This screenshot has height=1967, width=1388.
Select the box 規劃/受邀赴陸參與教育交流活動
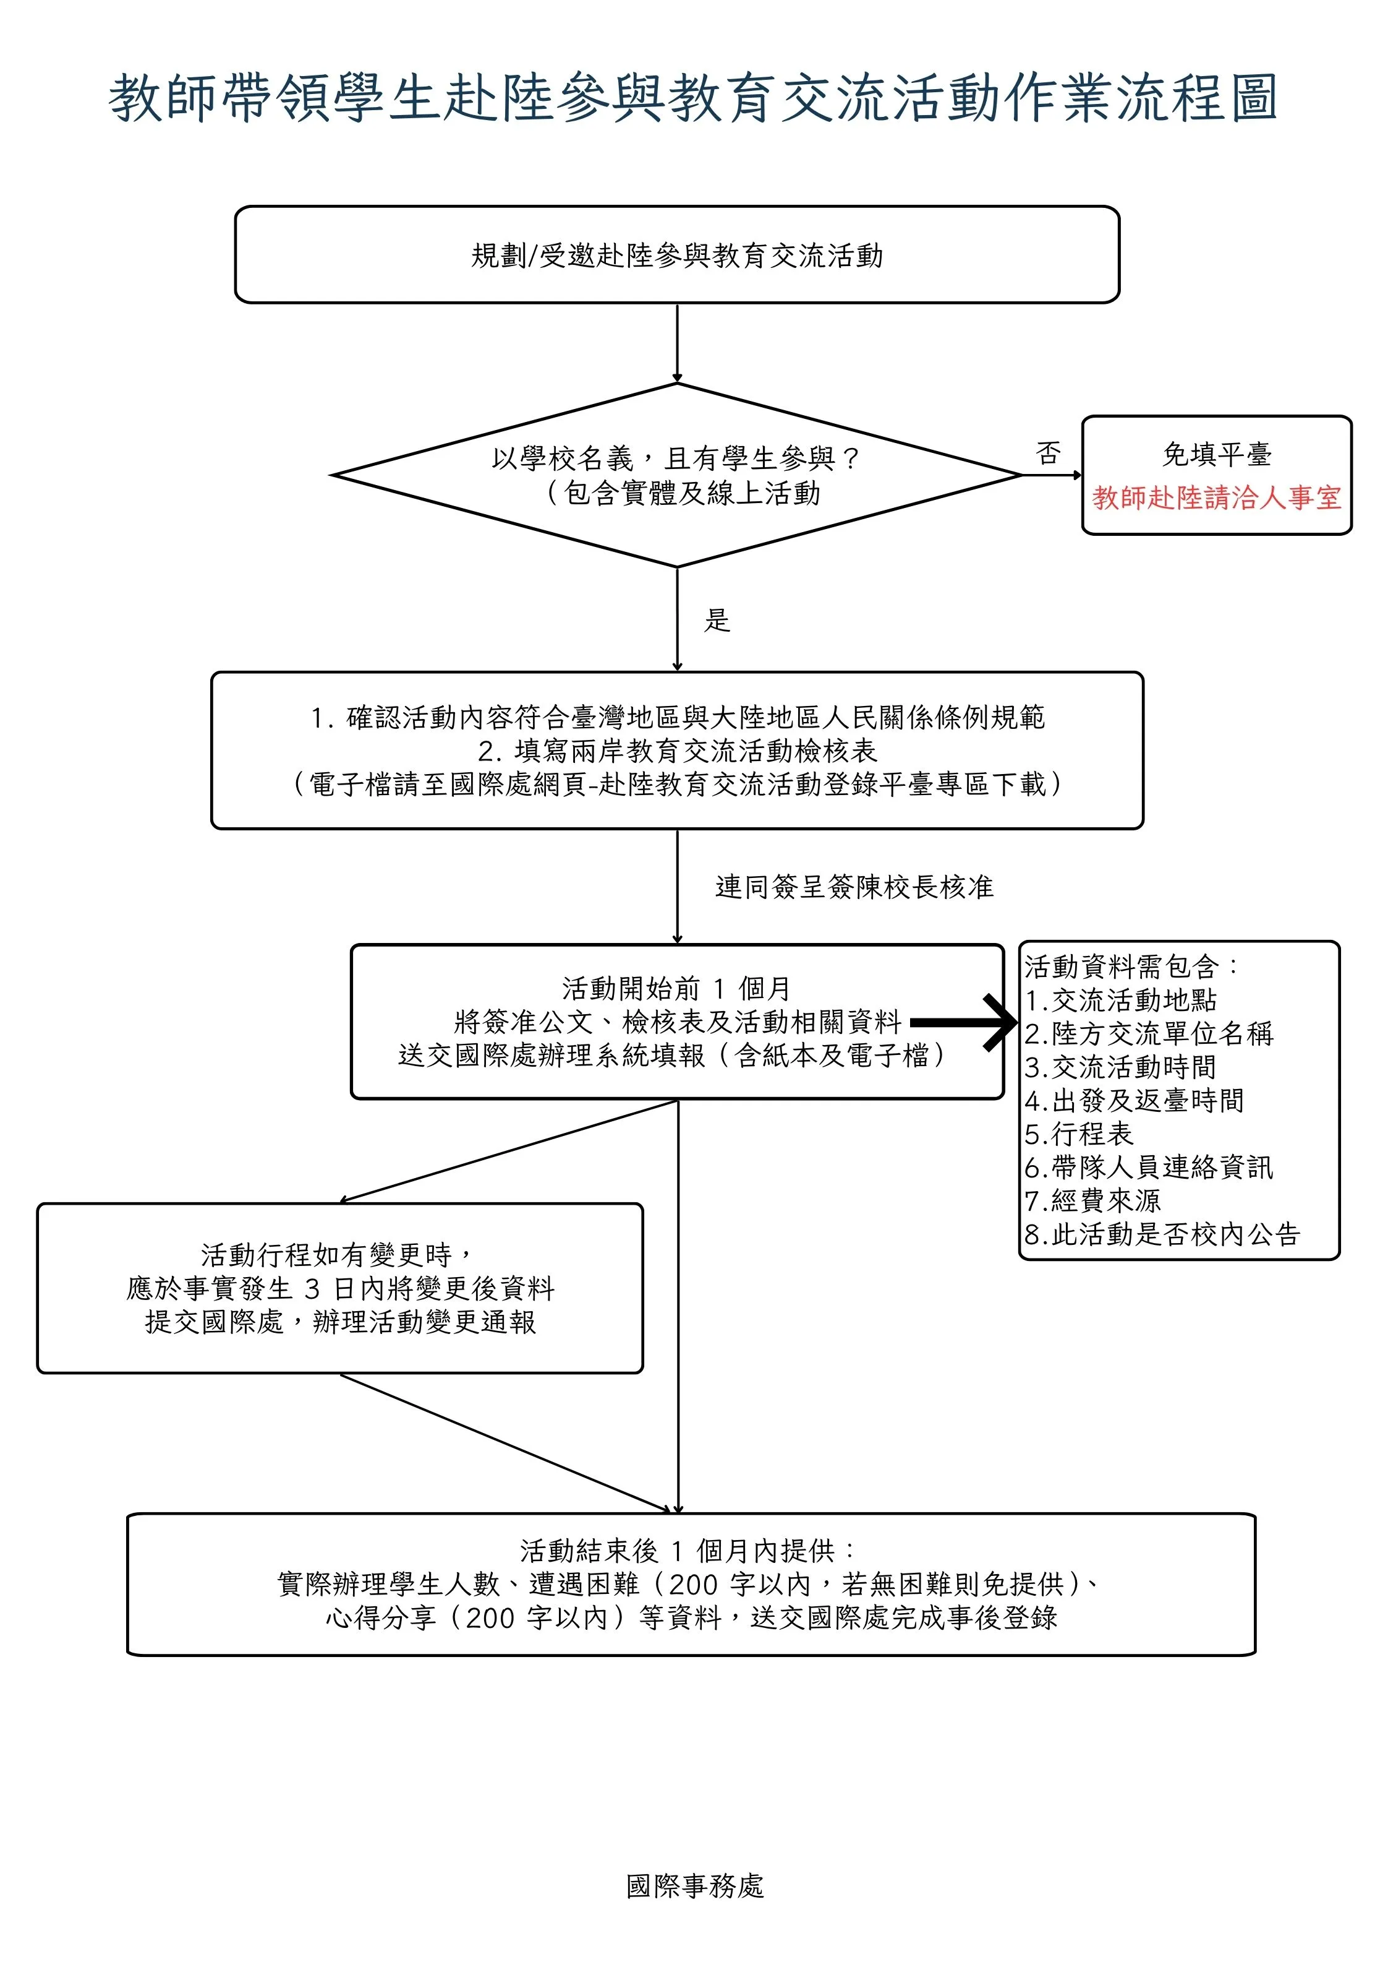(677, 254)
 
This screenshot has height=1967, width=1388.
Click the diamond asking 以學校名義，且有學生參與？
(677, 475)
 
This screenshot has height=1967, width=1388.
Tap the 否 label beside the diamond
(1048, 453)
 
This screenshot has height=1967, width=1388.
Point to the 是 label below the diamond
(718, 620)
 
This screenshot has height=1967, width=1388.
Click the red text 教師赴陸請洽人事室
(1217, 497)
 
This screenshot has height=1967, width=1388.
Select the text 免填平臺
(1217, 454)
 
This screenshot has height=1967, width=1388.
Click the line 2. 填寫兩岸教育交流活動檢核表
(677, 751)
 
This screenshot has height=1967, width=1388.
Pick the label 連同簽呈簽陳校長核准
(854, 887)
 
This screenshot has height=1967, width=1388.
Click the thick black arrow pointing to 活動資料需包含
(964, 1022)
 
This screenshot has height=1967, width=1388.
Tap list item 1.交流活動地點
(1121, 1001)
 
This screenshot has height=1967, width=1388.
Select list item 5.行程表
(1079, 1134)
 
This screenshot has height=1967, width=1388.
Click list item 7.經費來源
(1092, 1201)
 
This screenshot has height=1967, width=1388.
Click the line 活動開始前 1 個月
(677, 989)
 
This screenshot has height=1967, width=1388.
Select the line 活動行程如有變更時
(338, 1255)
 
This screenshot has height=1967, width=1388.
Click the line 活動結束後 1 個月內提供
(688, 1551)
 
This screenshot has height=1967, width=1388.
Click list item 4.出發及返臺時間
(1135, 1101)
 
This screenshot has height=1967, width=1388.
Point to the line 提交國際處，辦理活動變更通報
(341, 1322)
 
